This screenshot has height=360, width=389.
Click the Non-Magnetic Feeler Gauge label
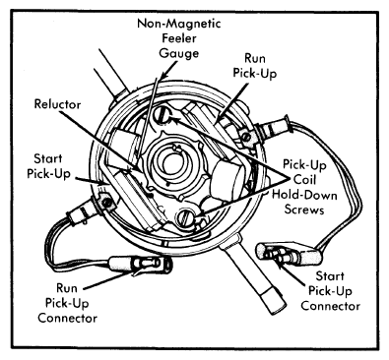click(x=179, y=38)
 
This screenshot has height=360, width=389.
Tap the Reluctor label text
click(x=57, y=104)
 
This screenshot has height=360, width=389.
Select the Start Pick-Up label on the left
click(x=48, y=166)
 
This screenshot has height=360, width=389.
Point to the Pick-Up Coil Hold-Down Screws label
click(x=304, y=187)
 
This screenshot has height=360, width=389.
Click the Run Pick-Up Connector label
click(x=67, y=303)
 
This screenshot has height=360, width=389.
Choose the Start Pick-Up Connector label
click(x=330, y=291)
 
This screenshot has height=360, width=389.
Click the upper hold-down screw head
click(x=163, y=116)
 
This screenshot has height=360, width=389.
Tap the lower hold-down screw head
click(x=186, y=217)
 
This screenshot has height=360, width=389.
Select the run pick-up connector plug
click(x=141, y=264)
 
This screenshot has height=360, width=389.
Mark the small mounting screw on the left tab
click(x=106, y=203)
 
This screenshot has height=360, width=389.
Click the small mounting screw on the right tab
click(x=245, y=136)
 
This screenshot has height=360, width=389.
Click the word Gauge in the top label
click(x=179, y=53)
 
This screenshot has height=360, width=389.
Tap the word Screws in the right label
click(x=304, y=210)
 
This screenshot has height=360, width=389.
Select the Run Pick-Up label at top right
click(x=255, y=66)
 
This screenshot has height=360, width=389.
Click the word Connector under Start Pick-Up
click(x=331, y=306)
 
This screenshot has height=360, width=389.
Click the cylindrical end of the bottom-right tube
click(x=271, y=298)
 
